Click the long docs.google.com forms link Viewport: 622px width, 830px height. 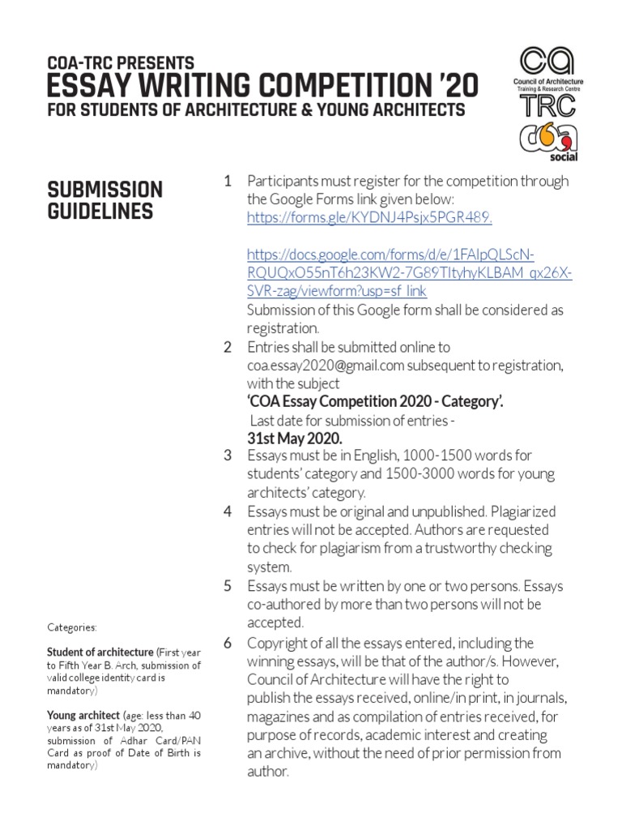point(409,272)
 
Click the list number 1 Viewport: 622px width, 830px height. point(228,180)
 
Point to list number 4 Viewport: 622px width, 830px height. point(228,511)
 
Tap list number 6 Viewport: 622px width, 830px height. point(228,643)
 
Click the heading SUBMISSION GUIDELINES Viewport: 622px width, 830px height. point(105,200)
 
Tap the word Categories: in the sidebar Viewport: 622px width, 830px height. point(72,627)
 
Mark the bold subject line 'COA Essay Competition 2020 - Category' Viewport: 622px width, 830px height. point(376,402)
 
